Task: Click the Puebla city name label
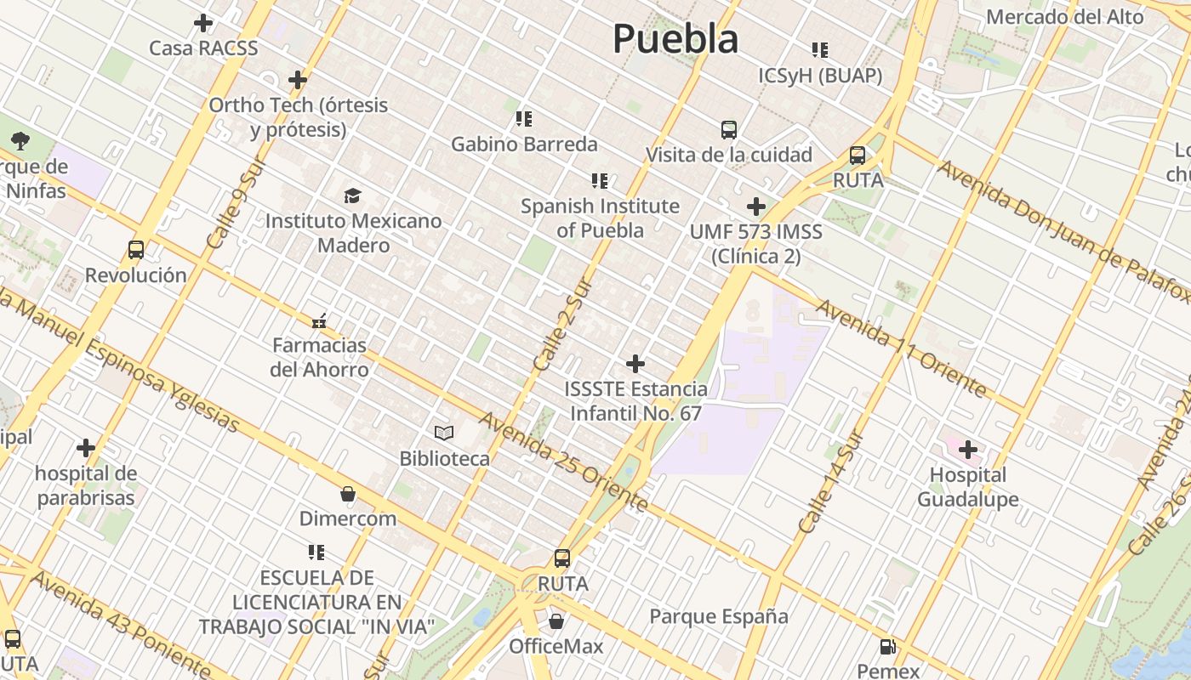(675, 39)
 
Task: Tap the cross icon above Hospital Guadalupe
(968, 449)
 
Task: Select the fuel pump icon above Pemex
(887, 647)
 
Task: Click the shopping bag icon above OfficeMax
(556, 621)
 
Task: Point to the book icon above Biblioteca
(444, 433)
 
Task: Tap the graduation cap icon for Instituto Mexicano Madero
(352, 196)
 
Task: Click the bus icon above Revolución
(136, 250)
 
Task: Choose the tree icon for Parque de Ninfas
(20, 141)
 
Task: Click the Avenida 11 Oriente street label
(903, 348)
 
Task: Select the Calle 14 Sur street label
(831, 484)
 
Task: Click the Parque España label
(719, 616)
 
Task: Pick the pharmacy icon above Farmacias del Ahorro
(319, 321)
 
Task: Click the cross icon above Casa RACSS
(203, 23)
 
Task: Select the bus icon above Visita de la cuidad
(729, 130)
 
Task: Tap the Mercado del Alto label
(1064, 16)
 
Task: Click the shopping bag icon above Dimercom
(347, 494)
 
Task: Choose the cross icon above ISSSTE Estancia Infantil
(635, 364)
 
